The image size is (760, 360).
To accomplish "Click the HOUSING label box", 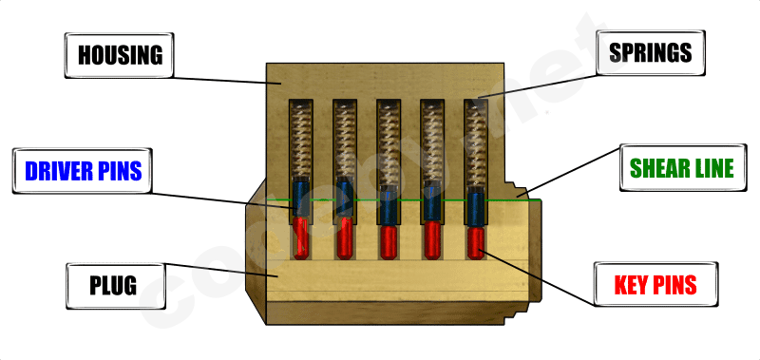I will pos(121,54).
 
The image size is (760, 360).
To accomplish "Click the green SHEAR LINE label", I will pos(682,168).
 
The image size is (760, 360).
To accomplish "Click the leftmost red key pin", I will pos(299,237).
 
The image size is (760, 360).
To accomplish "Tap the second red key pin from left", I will pos(344,237).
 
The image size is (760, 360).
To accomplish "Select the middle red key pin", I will pos(388,241).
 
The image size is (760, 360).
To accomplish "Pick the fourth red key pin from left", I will pos(431,239).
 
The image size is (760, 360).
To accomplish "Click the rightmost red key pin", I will pos(475,242).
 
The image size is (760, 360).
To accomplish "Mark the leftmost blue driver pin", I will pos(299,199).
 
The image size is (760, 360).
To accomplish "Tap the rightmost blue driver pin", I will pos(475,208).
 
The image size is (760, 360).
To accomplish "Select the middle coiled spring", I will pos(388,142).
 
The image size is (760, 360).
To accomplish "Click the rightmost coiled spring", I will pos(475,142).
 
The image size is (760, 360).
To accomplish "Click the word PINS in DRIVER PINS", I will pos(118,170).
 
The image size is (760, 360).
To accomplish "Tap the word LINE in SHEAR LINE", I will pos(712,168).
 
